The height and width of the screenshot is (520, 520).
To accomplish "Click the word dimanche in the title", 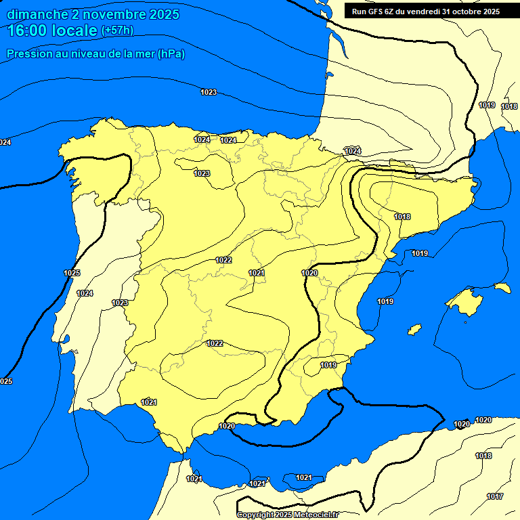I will tap(37, 14).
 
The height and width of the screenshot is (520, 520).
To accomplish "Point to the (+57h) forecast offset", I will tap(117, 30).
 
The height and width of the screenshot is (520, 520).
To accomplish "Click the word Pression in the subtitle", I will tap(28, 54).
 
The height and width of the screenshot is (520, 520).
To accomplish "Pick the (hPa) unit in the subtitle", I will tap(171, 54).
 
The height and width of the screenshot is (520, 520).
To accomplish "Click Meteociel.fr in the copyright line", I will tap(316, 515).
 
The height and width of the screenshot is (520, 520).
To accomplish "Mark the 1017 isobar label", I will tap(495, 497).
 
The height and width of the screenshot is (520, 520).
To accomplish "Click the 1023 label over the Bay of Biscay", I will tap(209, 92).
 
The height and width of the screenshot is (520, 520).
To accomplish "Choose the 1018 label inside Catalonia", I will tap(402, 217).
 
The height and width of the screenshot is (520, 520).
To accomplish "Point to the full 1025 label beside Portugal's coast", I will tap(72, 273).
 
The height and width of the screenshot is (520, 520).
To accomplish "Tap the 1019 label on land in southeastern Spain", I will tap(328, 365).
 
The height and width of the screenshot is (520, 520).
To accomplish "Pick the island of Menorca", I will tap(502, 287).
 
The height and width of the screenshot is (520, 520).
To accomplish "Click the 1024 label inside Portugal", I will tap(85, 293).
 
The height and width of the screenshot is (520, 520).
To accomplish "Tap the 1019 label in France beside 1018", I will tap(487, 105).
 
